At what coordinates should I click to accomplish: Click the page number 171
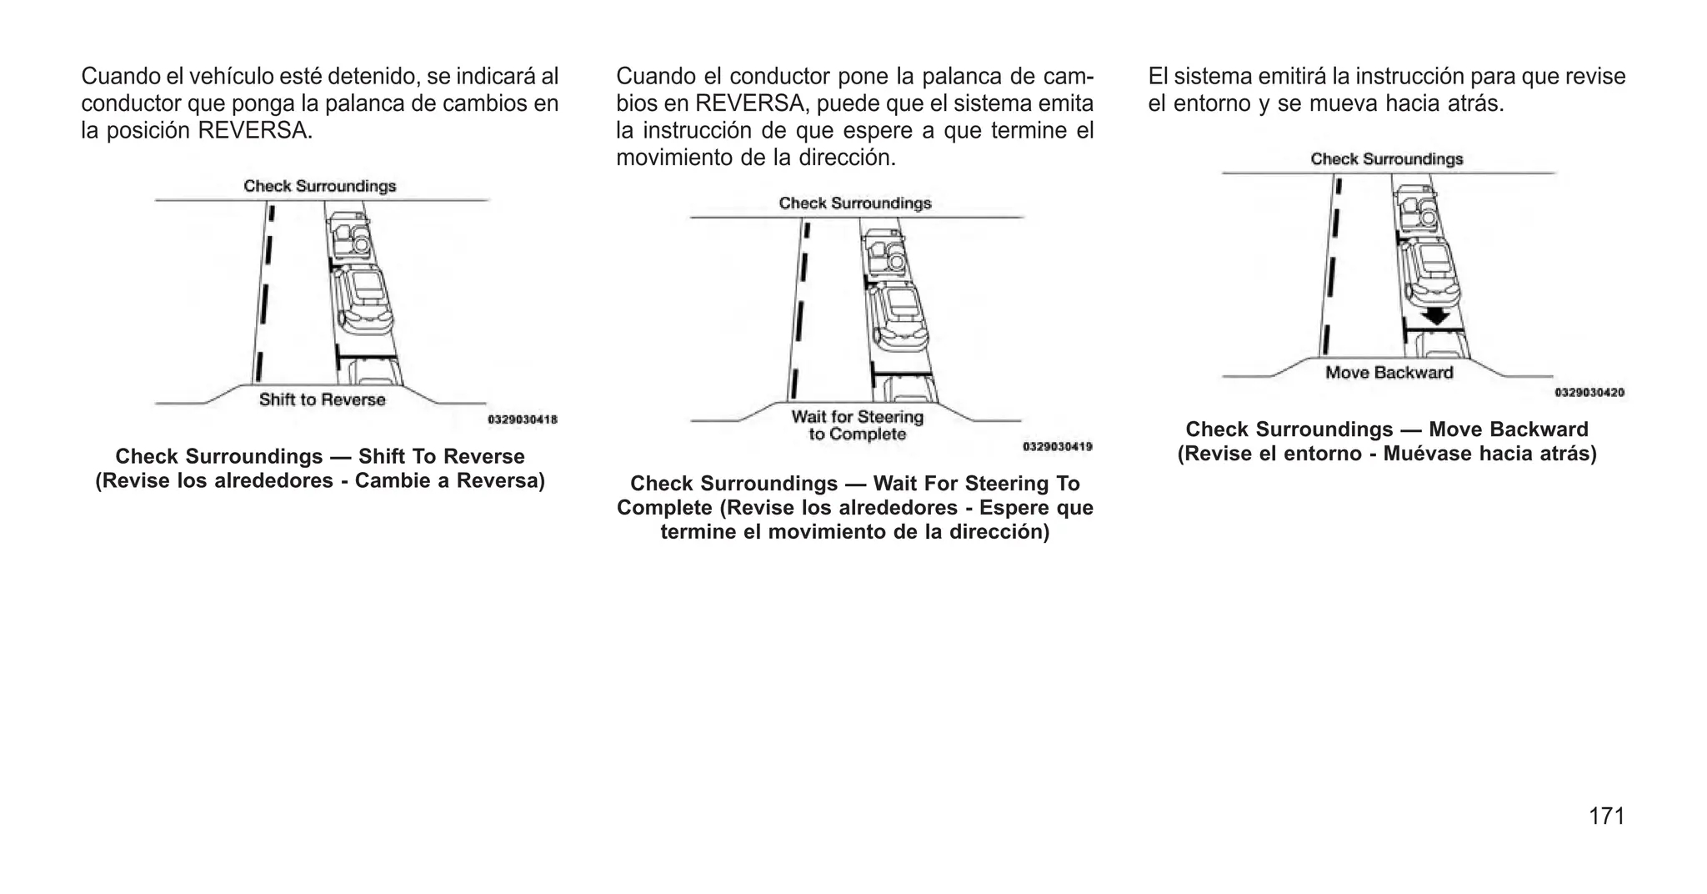(1606, 816)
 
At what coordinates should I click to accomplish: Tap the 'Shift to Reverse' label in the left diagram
(322, 399)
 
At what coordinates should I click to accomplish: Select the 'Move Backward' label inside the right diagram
(1389, 373)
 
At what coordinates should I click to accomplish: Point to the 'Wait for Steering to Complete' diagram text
(857, 425)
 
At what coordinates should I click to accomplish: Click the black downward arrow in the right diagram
(1435, 316)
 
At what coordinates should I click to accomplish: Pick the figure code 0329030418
(523, 419)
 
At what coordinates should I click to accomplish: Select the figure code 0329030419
(1057, 447)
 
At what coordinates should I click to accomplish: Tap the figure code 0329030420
(1589, 392)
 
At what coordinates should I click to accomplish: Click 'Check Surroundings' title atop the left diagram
(320, 186)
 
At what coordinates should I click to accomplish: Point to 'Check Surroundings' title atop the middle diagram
(855, 203)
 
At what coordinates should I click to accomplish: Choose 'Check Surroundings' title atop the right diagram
(1387, 159)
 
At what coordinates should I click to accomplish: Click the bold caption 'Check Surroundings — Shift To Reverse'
(320, 456)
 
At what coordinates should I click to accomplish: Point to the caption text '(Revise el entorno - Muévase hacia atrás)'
(1387, 454)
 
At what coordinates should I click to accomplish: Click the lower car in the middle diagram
(899, 317)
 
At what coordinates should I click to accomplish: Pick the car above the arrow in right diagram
(1431, 271)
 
